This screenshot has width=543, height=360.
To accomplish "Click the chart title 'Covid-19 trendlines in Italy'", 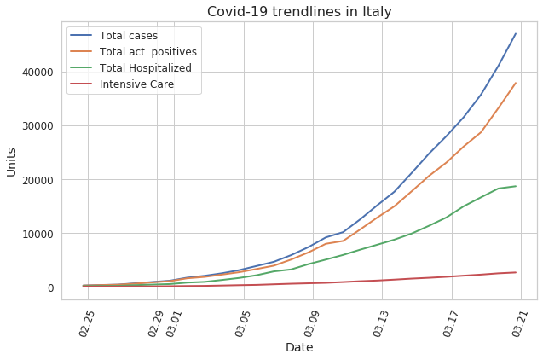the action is coord(299,11).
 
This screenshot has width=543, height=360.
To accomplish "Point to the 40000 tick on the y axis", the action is coord(38,72).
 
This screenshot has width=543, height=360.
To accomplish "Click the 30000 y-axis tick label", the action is coord(38,125).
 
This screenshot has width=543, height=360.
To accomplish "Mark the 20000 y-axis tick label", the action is coord(38,180).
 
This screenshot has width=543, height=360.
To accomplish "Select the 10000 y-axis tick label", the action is coord(38,234).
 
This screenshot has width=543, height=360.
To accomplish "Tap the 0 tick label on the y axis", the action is coord(51,287).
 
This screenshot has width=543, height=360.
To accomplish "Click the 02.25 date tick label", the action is coord(87,324).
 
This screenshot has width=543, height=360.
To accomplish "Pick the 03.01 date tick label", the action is coord(173,324).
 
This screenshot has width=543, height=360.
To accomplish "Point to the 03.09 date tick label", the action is coord(312,324).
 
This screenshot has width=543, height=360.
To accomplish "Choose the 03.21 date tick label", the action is coord(520,324).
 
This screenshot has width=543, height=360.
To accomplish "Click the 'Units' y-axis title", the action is coord(11,162).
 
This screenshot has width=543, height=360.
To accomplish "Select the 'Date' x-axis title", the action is coord(299,347).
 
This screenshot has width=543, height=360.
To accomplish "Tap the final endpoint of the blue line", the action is coord(516,33).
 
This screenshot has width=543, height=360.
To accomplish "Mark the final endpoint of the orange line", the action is coord(516,83).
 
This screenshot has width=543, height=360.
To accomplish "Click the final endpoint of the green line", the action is coord(516,186).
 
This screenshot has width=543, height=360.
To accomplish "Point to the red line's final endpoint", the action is coord(516,272).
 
